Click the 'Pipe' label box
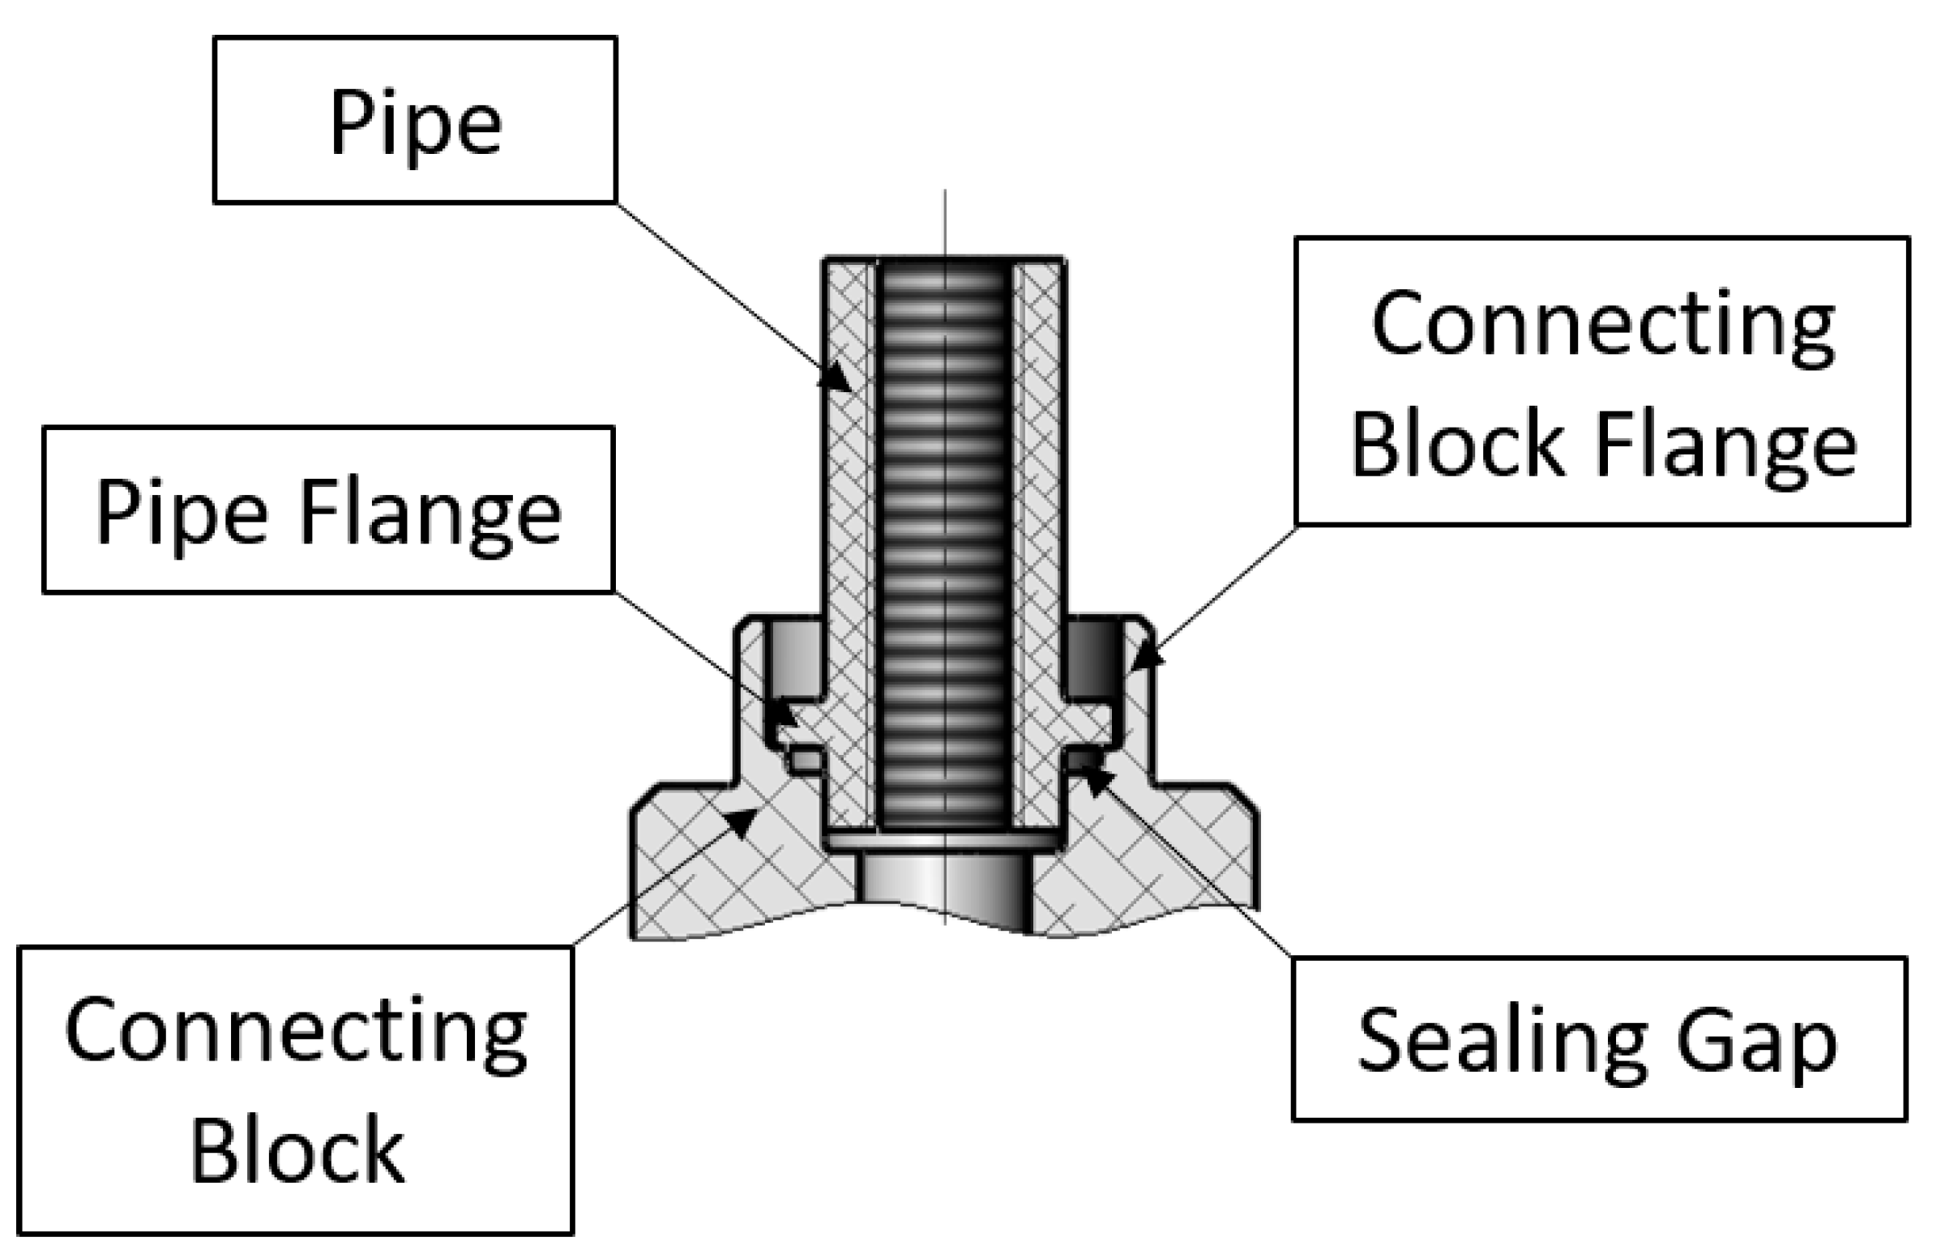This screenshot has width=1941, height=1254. click(x=415, y=120)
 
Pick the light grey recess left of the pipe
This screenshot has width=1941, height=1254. click(x=794, y=659)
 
